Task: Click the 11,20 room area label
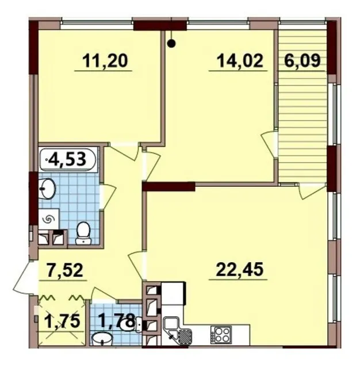click(x=105, y=60)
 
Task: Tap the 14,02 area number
click(x=240, y=60)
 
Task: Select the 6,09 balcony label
click(x=302, y=60)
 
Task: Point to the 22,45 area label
click(x=240, y=270)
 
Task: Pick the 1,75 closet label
click(x=63, y=321)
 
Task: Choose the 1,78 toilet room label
click(x=117, y=320)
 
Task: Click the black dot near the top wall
click(x=172, y=44)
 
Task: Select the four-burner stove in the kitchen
click(x=221, y=333)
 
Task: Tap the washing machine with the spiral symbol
click(x=49, y=220)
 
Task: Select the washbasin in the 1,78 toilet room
click(x=102, y=338)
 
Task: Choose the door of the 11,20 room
click(x=124, y=152)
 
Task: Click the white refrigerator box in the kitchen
click(x=174, y=293)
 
